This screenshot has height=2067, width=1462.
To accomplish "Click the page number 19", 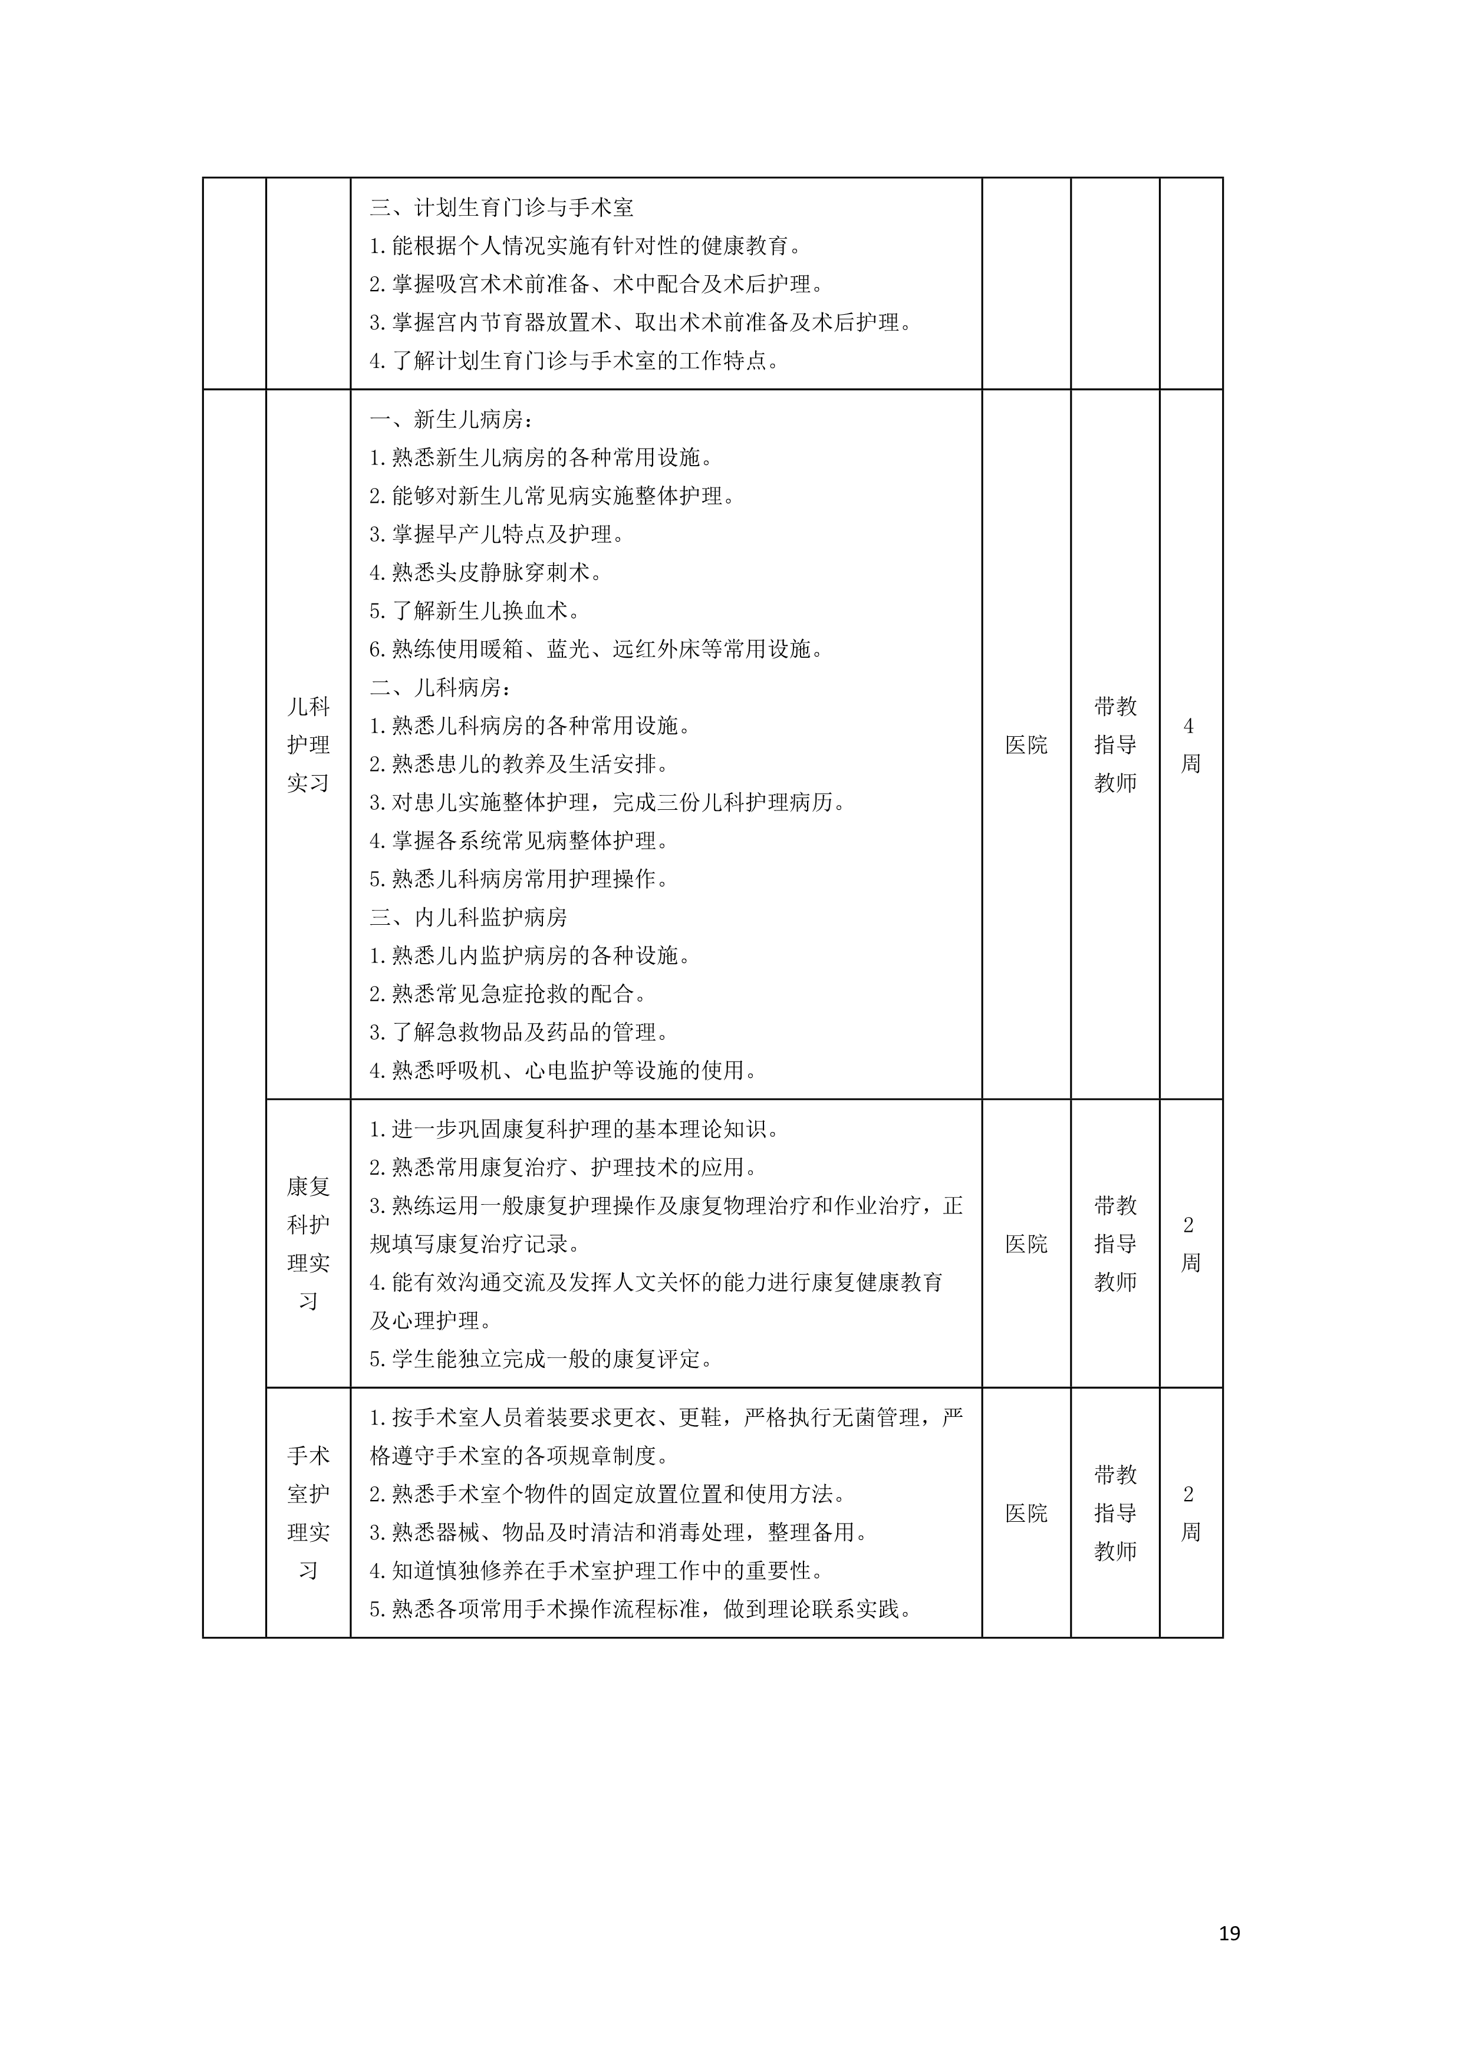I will click(1229, 1933).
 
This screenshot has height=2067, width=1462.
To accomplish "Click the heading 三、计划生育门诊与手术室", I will click(502, 208).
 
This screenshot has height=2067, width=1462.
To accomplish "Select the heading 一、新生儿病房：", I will click(452, 420).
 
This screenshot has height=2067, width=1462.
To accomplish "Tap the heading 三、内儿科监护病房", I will click(468, 917).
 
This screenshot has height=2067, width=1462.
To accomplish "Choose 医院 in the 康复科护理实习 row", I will click(1026, 1243).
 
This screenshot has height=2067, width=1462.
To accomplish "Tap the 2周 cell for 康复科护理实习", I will click(1190, 1243).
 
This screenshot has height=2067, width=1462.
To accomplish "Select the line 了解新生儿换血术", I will click(475, 611).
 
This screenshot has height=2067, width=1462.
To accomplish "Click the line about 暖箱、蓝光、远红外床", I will click(596, 649).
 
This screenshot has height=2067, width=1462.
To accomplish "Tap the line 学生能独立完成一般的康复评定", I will click(541, 1359).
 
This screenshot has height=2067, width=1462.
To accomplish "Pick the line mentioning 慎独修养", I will click(597, 1571).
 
